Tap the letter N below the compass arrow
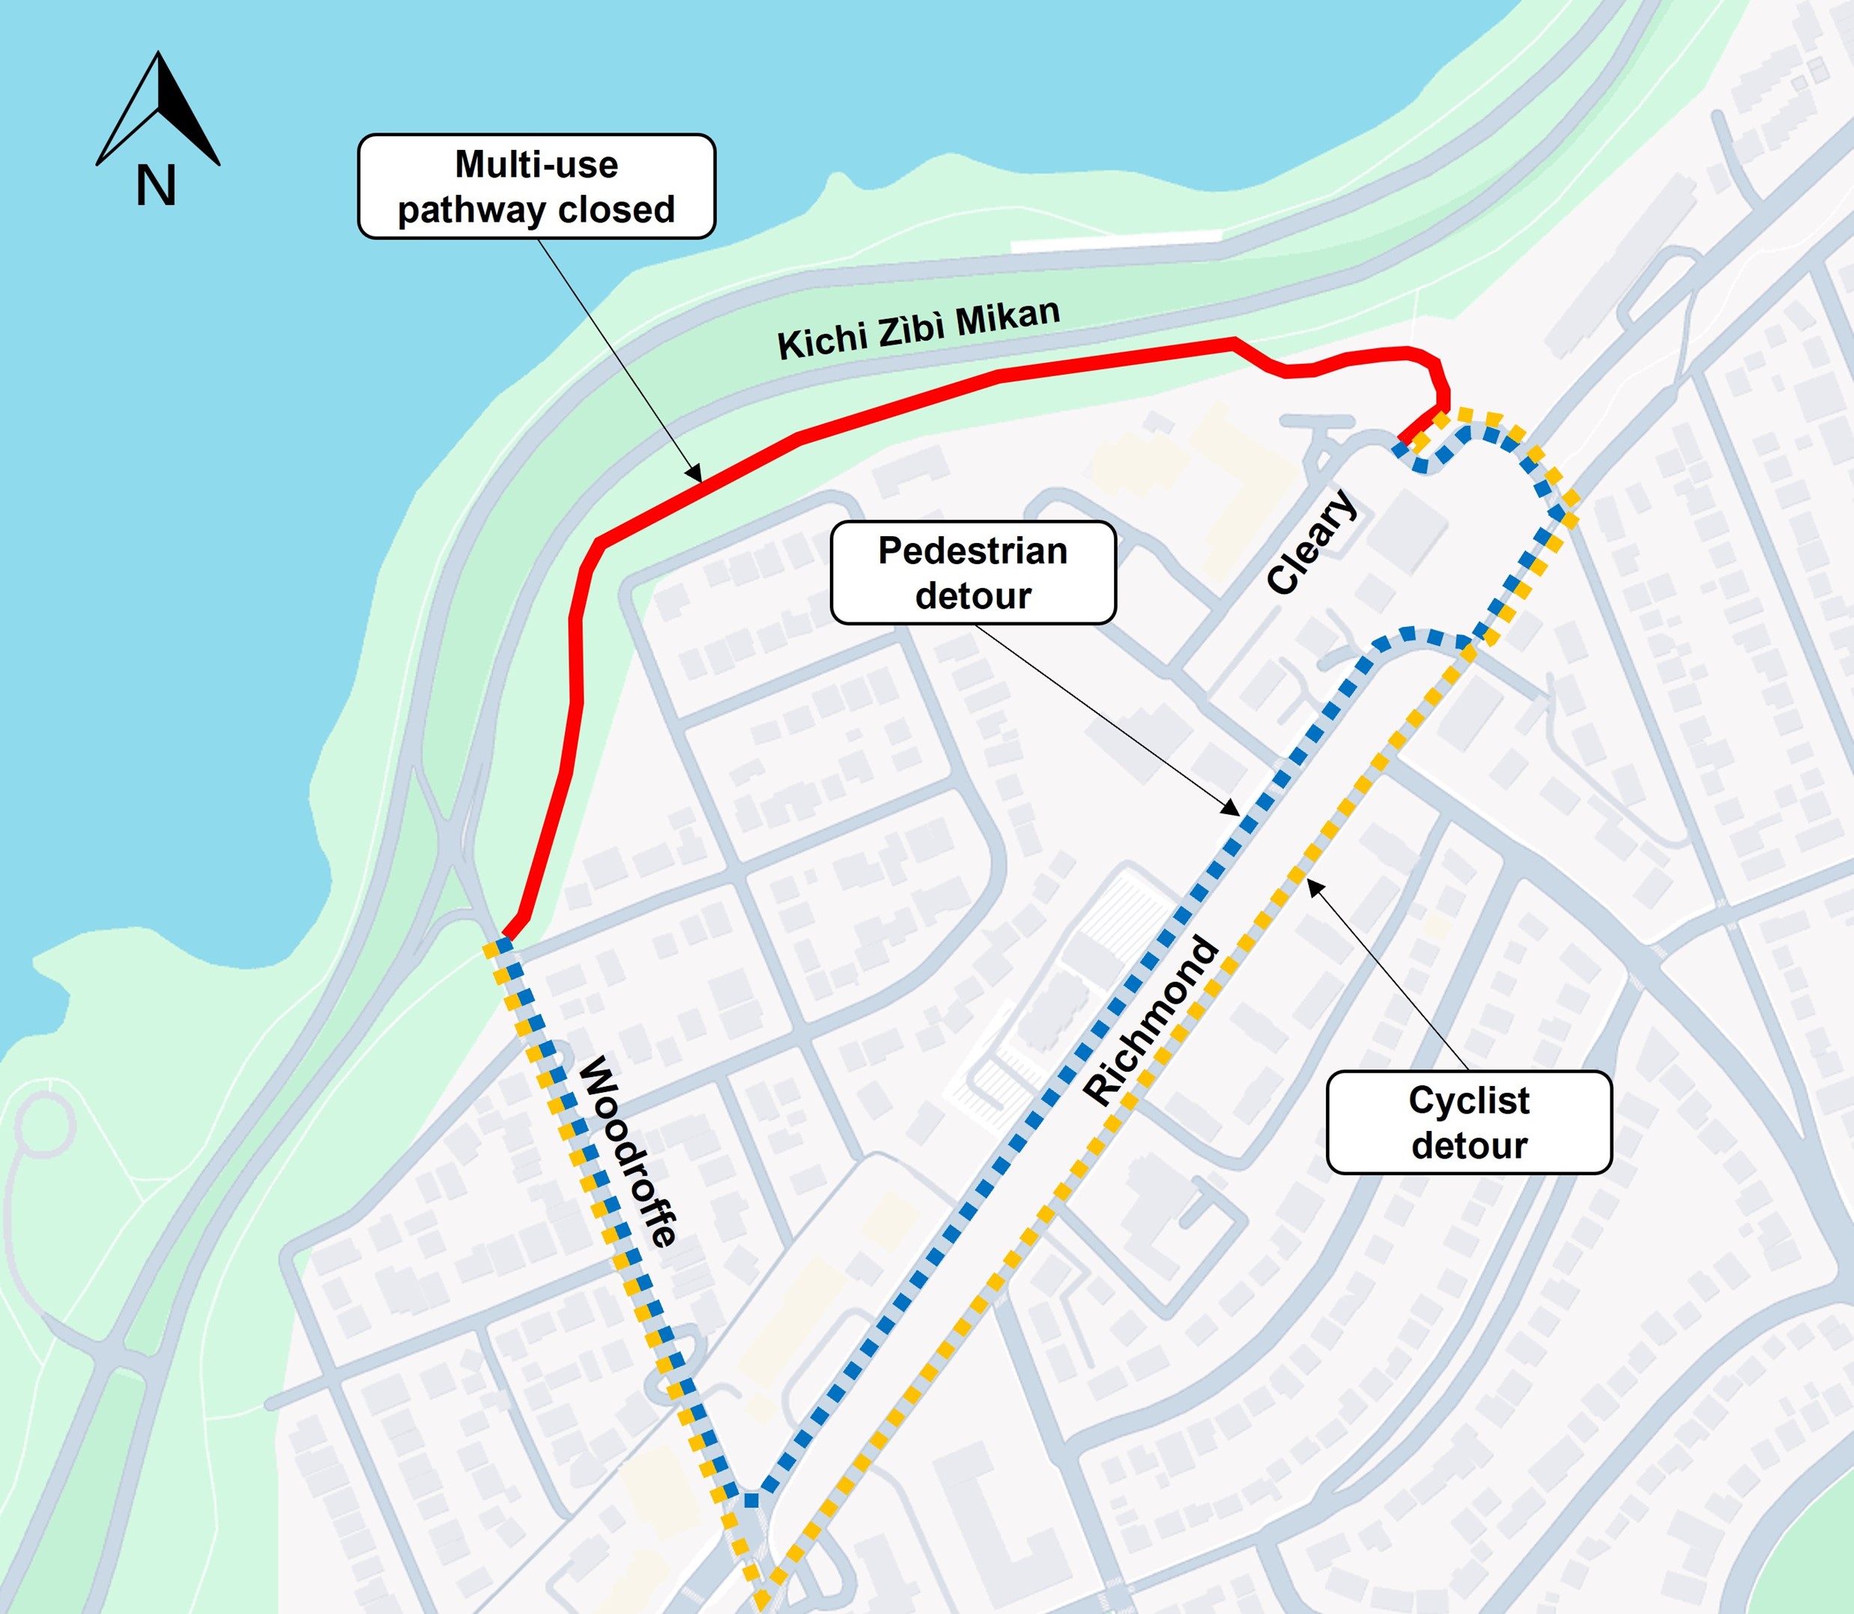[156, 187]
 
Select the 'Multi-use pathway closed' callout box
[536, 186]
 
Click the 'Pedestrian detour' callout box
[973, 573]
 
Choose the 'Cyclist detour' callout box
[1468, 1122]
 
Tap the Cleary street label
[1311, 541]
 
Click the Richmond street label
[1151, 1019]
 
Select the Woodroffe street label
[627, 1153]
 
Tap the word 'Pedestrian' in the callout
[973, 550]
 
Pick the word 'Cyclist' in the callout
[1468, 1099]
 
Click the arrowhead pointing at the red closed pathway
[694, 475]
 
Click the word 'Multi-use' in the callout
[536, 165]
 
